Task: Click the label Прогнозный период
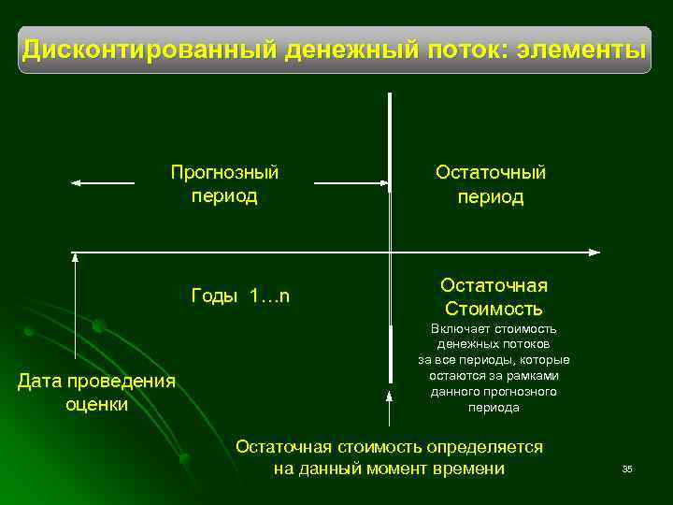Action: point(224,184)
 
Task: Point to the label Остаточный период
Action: point(491,185)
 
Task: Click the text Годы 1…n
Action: point(240,296)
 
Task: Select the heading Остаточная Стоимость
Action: point(494,297)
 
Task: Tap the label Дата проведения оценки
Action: point(97,393)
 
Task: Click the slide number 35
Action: point(627,469)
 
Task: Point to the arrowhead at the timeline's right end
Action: point(594,252)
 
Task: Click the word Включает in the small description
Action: point(456,329)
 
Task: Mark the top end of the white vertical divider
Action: point(390,94)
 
